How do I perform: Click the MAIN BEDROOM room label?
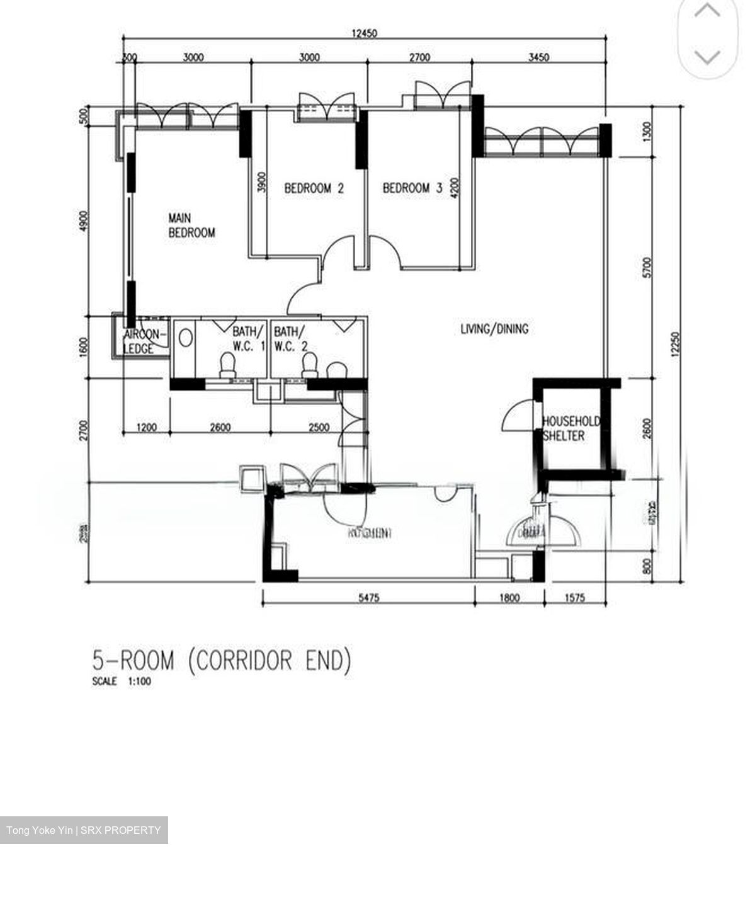click(x=191, y=225)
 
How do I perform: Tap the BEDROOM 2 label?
click(x=314, y=188)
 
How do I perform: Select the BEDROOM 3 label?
click(x=412, y=188)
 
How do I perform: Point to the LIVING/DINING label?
click(x=494, y=329)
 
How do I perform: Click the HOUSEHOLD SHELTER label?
click(x=571, y=428)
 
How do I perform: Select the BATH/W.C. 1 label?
click(x=249, y=338)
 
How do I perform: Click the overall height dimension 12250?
click(x=676, y=345)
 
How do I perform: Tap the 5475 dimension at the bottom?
click(x=368, y=598)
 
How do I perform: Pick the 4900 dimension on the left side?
click(x=84, y=222)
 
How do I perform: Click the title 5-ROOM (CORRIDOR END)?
click(x=222, y=661)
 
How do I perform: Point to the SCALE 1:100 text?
click(x=122, y=682)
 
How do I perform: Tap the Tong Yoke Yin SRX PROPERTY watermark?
click(x=84, y=830)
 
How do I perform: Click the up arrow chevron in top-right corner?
click(x=707, y=11)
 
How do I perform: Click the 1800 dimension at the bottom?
click(x=509, y=598)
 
